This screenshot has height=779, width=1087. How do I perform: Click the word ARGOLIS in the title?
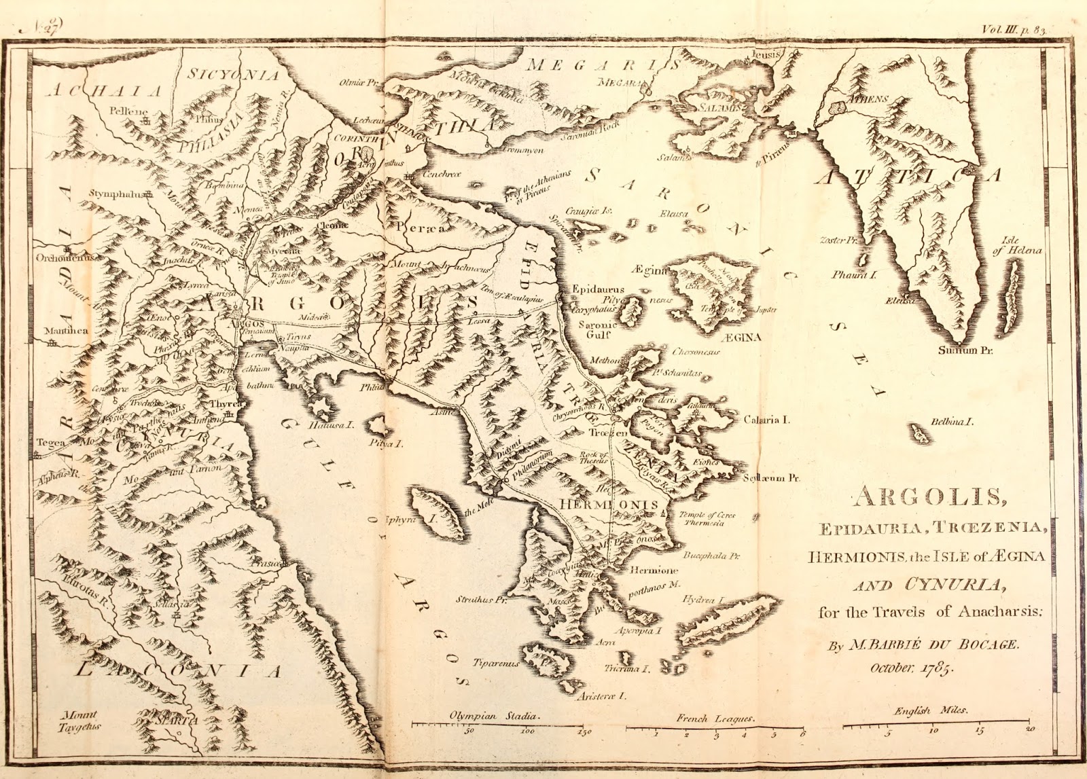(927, 497)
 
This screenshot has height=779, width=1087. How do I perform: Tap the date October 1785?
(912, 668)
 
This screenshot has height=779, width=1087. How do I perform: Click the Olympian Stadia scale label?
(494, 717)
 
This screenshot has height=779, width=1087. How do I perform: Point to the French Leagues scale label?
(715, 718)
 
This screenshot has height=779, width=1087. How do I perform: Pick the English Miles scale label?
(931, 711)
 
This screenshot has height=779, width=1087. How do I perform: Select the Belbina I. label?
(952, 422)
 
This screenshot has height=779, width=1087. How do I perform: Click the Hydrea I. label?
(704, 601)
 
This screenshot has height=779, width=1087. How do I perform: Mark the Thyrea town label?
(221, 403)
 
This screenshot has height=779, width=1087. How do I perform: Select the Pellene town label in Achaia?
(127, 111)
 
